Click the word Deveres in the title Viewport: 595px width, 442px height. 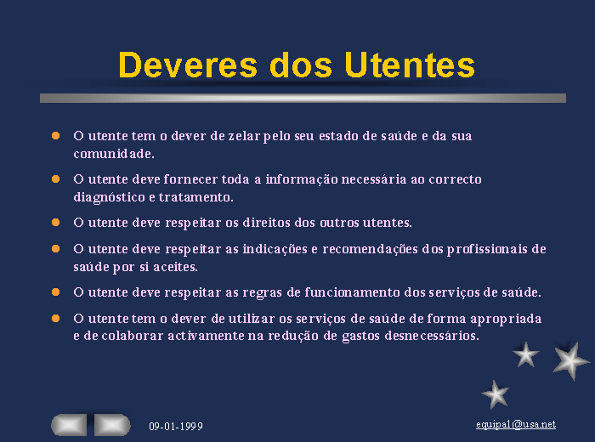pos(188,65)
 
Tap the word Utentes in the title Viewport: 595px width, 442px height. pos(410,65)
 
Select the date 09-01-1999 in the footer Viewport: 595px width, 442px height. pos(176,427)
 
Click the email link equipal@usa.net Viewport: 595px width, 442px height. pos(516,424)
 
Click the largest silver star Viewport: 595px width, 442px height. pos(570,360)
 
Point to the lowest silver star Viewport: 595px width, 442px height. pos(496,394)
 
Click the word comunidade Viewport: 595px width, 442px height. pos(114,154)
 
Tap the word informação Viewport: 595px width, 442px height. pos(302,179)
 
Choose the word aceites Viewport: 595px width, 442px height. pos(176,267)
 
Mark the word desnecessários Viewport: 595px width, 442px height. pos(432,336)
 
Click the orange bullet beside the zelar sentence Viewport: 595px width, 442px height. pos(56,135)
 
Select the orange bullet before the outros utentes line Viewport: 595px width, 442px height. pos(56,222)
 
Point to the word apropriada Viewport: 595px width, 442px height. pos(506,319)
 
